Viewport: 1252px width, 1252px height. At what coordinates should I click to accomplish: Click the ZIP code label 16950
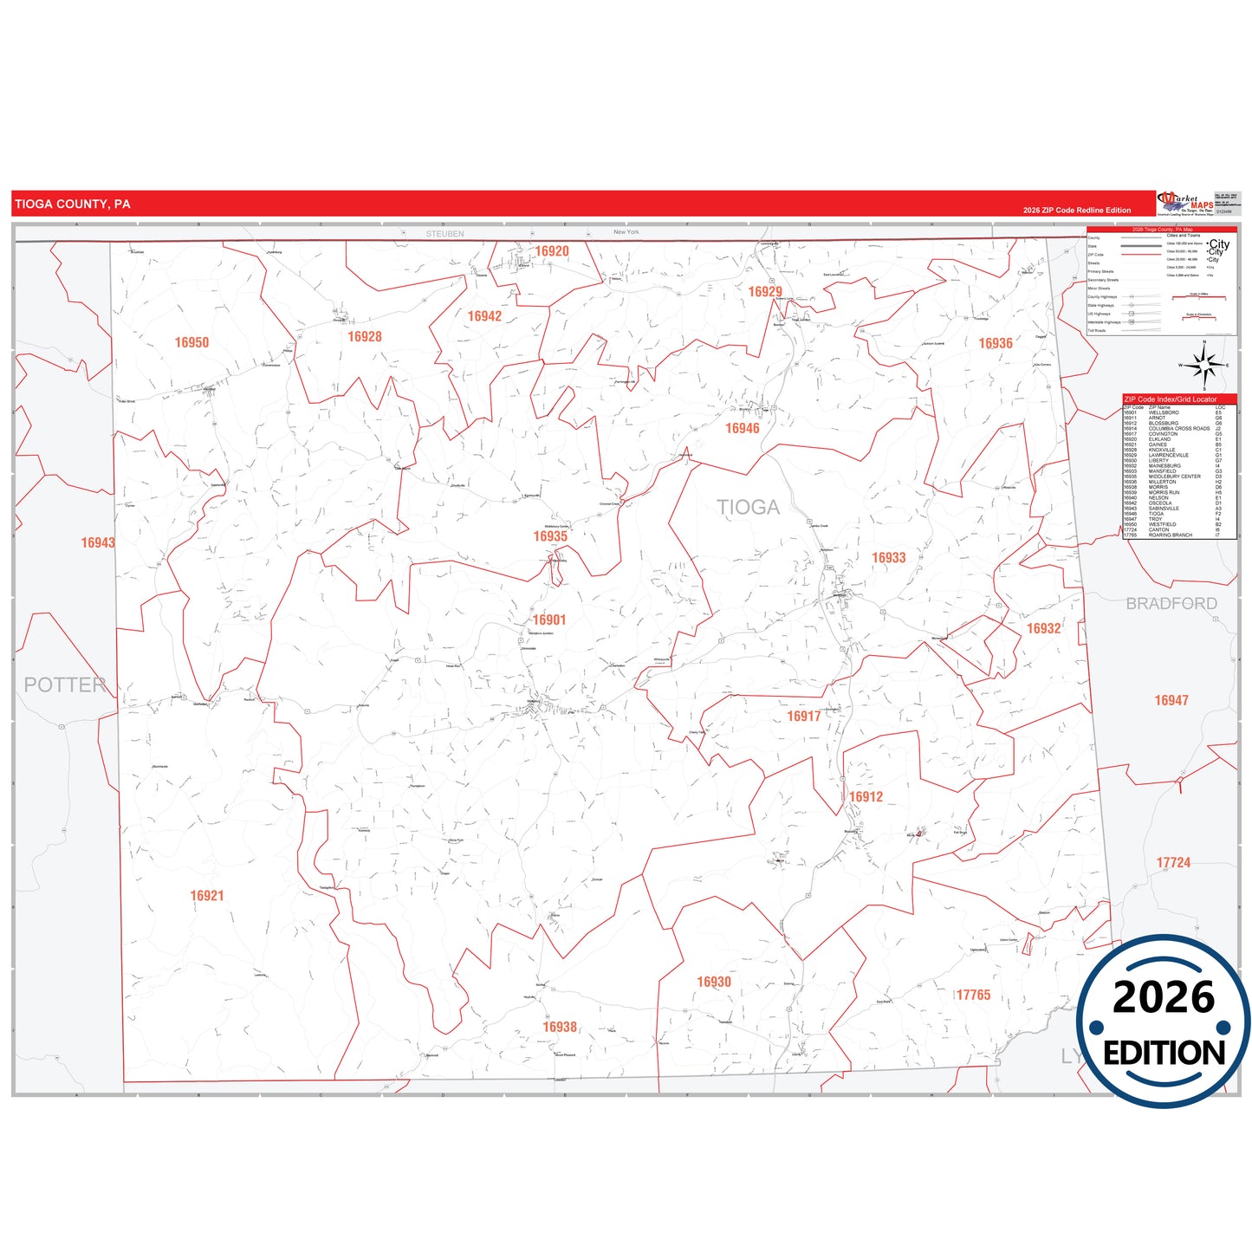pyautogui.click(x=191, y=342)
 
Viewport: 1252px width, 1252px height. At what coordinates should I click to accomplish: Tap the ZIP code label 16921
pyautogui.click(x=207, y=896)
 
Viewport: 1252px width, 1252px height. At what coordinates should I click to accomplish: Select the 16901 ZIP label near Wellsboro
pyautogui.click(x=549, y=620)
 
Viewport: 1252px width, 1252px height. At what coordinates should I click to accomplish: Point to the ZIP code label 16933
pyautogui.click(x=888, y=558)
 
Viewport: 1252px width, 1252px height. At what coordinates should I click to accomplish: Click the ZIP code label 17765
pyautogui.click(x=973, y=995)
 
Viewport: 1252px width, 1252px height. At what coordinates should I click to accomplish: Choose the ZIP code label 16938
pyautogui.click(x=560, y=1027)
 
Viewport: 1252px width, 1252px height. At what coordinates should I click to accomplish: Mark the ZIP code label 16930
pyautogui.click(x=714, y=982)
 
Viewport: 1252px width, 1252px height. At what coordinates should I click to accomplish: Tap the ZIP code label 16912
pyautogui.click(x=866, y=797)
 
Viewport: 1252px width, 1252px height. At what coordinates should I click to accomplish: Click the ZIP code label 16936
pyautogui.click(x=996, y=343)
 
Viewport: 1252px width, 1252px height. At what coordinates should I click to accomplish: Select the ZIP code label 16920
pyautogui.click(x=552, y=251)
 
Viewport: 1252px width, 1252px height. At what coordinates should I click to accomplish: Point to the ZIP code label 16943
pyautogui.click(x=98, y=542)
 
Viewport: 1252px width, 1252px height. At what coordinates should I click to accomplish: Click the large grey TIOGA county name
pyautogui.click(x=748, y=508)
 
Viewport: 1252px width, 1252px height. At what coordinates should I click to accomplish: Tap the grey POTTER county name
pyautogui.click(x=64, y=684)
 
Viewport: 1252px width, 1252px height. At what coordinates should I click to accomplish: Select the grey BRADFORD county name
pyautogui.click(x=1171, y=604)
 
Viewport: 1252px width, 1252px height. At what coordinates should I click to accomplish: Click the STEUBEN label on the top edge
pyautogui.click(x=445, y=234)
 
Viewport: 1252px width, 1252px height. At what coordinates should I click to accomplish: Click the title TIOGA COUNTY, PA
pyautogui.click(x=73, y=204)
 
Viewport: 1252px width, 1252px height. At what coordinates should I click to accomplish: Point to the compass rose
pyautogui.click(x=1203, y=366)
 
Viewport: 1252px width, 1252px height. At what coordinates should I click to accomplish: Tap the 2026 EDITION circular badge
pyautogui.click(x=1164, y=1023)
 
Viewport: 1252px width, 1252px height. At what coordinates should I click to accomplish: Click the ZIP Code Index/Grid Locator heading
pyautogui.click(x=1170, y=399)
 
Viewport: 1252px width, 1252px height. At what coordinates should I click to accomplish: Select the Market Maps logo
pyautogui.click(x=1185, y=204)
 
